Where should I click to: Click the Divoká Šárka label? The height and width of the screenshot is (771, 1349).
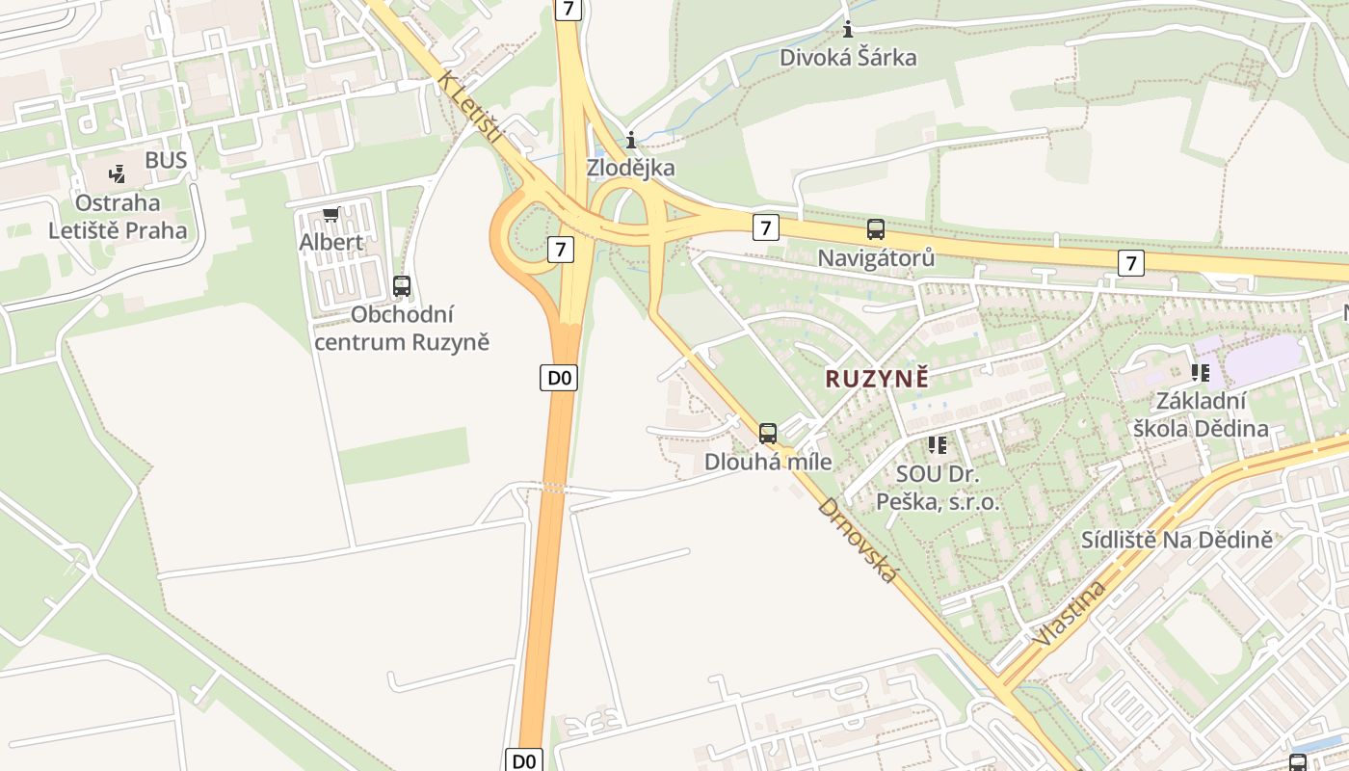(x=848, y=58)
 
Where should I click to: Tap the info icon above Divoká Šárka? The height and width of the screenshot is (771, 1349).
(x=848, y=29)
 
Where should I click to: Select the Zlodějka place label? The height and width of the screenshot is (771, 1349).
(x=631, y=169)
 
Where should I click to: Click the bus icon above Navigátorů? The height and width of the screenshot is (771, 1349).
(x=875, y=229)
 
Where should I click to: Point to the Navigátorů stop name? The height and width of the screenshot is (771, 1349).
(x=875, y=258)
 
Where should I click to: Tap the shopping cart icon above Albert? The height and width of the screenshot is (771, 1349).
(x=331, y=214)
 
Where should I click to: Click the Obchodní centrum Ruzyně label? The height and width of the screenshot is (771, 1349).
(x=402, y=329)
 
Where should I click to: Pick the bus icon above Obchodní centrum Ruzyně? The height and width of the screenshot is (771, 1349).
(x=402, y=285)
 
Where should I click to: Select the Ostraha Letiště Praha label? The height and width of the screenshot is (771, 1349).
(x=118, y=217)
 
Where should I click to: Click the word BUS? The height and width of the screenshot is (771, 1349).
(x=166, y=160)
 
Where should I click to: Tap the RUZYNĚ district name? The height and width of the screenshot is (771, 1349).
(x=877, y=379)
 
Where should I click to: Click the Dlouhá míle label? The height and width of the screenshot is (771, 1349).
(x=768, y=462)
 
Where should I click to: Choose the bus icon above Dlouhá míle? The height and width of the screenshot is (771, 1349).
(x=768, y=433)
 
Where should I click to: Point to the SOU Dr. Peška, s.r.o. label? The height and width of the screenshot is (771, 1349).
(x=937, y=488)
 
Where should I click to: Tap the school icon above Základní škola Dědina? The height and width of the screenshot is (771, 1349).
(x=1201, y=372)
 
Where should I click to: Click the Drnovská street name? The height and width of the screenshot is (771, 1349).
(x=858, y=540)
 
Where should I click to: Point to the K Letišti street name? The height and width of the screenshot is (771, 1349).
(x=471, y=107)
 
